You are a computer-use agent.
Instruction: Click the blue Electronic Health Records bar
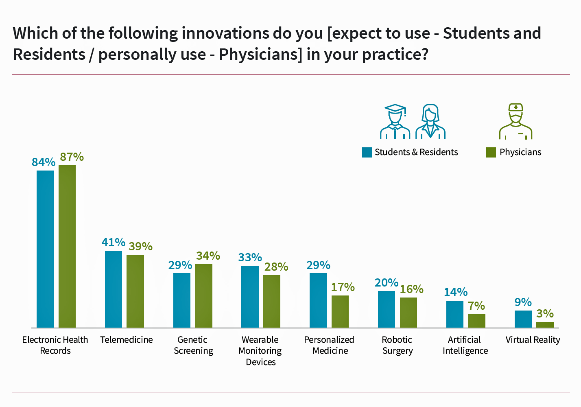point(45,249)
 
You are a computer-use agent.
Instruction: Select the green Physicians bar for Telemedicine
point(135,291)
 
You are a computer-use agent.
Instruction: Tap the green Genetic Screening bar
point(203,296)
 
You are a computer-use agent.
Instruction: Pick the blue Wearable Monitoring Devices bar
point(250,297)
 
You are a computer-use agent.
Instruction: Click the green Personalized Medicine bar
point(340,311)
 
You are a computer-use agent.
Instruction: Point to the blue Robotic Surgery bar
point(387,309)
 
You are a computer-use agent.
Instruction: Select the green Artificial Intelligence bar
point(476,321)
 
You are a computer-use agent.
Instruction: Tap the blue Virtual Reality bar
point(523,319)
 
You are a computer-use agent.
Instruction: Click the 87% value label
point(72,157)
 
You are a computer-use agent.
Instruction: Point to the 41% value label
point(114,242)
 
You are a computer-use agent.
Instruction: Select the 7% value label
point(476,306)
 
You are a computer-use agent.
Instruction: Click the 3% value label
point(545,313)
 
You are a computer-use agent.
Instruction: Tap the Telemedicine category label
point(127,339)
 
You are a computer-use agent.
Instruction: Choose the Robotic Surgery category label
point(398,345)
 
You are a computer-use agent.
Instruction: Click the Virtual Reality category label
point(533,339)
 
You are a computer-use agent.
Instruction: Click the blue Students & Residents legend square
point(367,152)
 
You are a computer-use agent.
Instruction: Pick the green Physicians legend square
point(491,152)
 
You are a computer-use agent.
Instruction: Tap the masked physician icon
point(515,121)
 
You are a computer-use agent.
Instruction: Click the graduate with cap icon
point(395,121)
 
